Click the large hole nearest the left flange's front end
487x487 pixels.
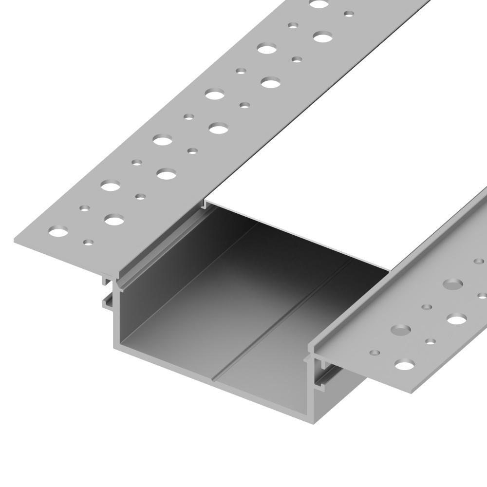(x=59, y=231)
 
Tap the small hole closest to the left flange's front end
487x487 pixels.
(x=88, y=242)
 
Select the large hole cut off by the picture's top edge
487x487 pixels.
(x=319, y=4)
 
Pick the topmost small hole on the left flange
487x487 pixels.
(x=349, y=14)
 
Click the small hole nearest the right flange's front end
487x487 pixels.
(x=375, y=352)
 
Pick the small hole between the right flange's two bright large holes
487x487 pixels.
(x=431, y=341)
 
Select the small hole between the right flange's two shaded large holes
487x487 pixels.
(x=427, y=307)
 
